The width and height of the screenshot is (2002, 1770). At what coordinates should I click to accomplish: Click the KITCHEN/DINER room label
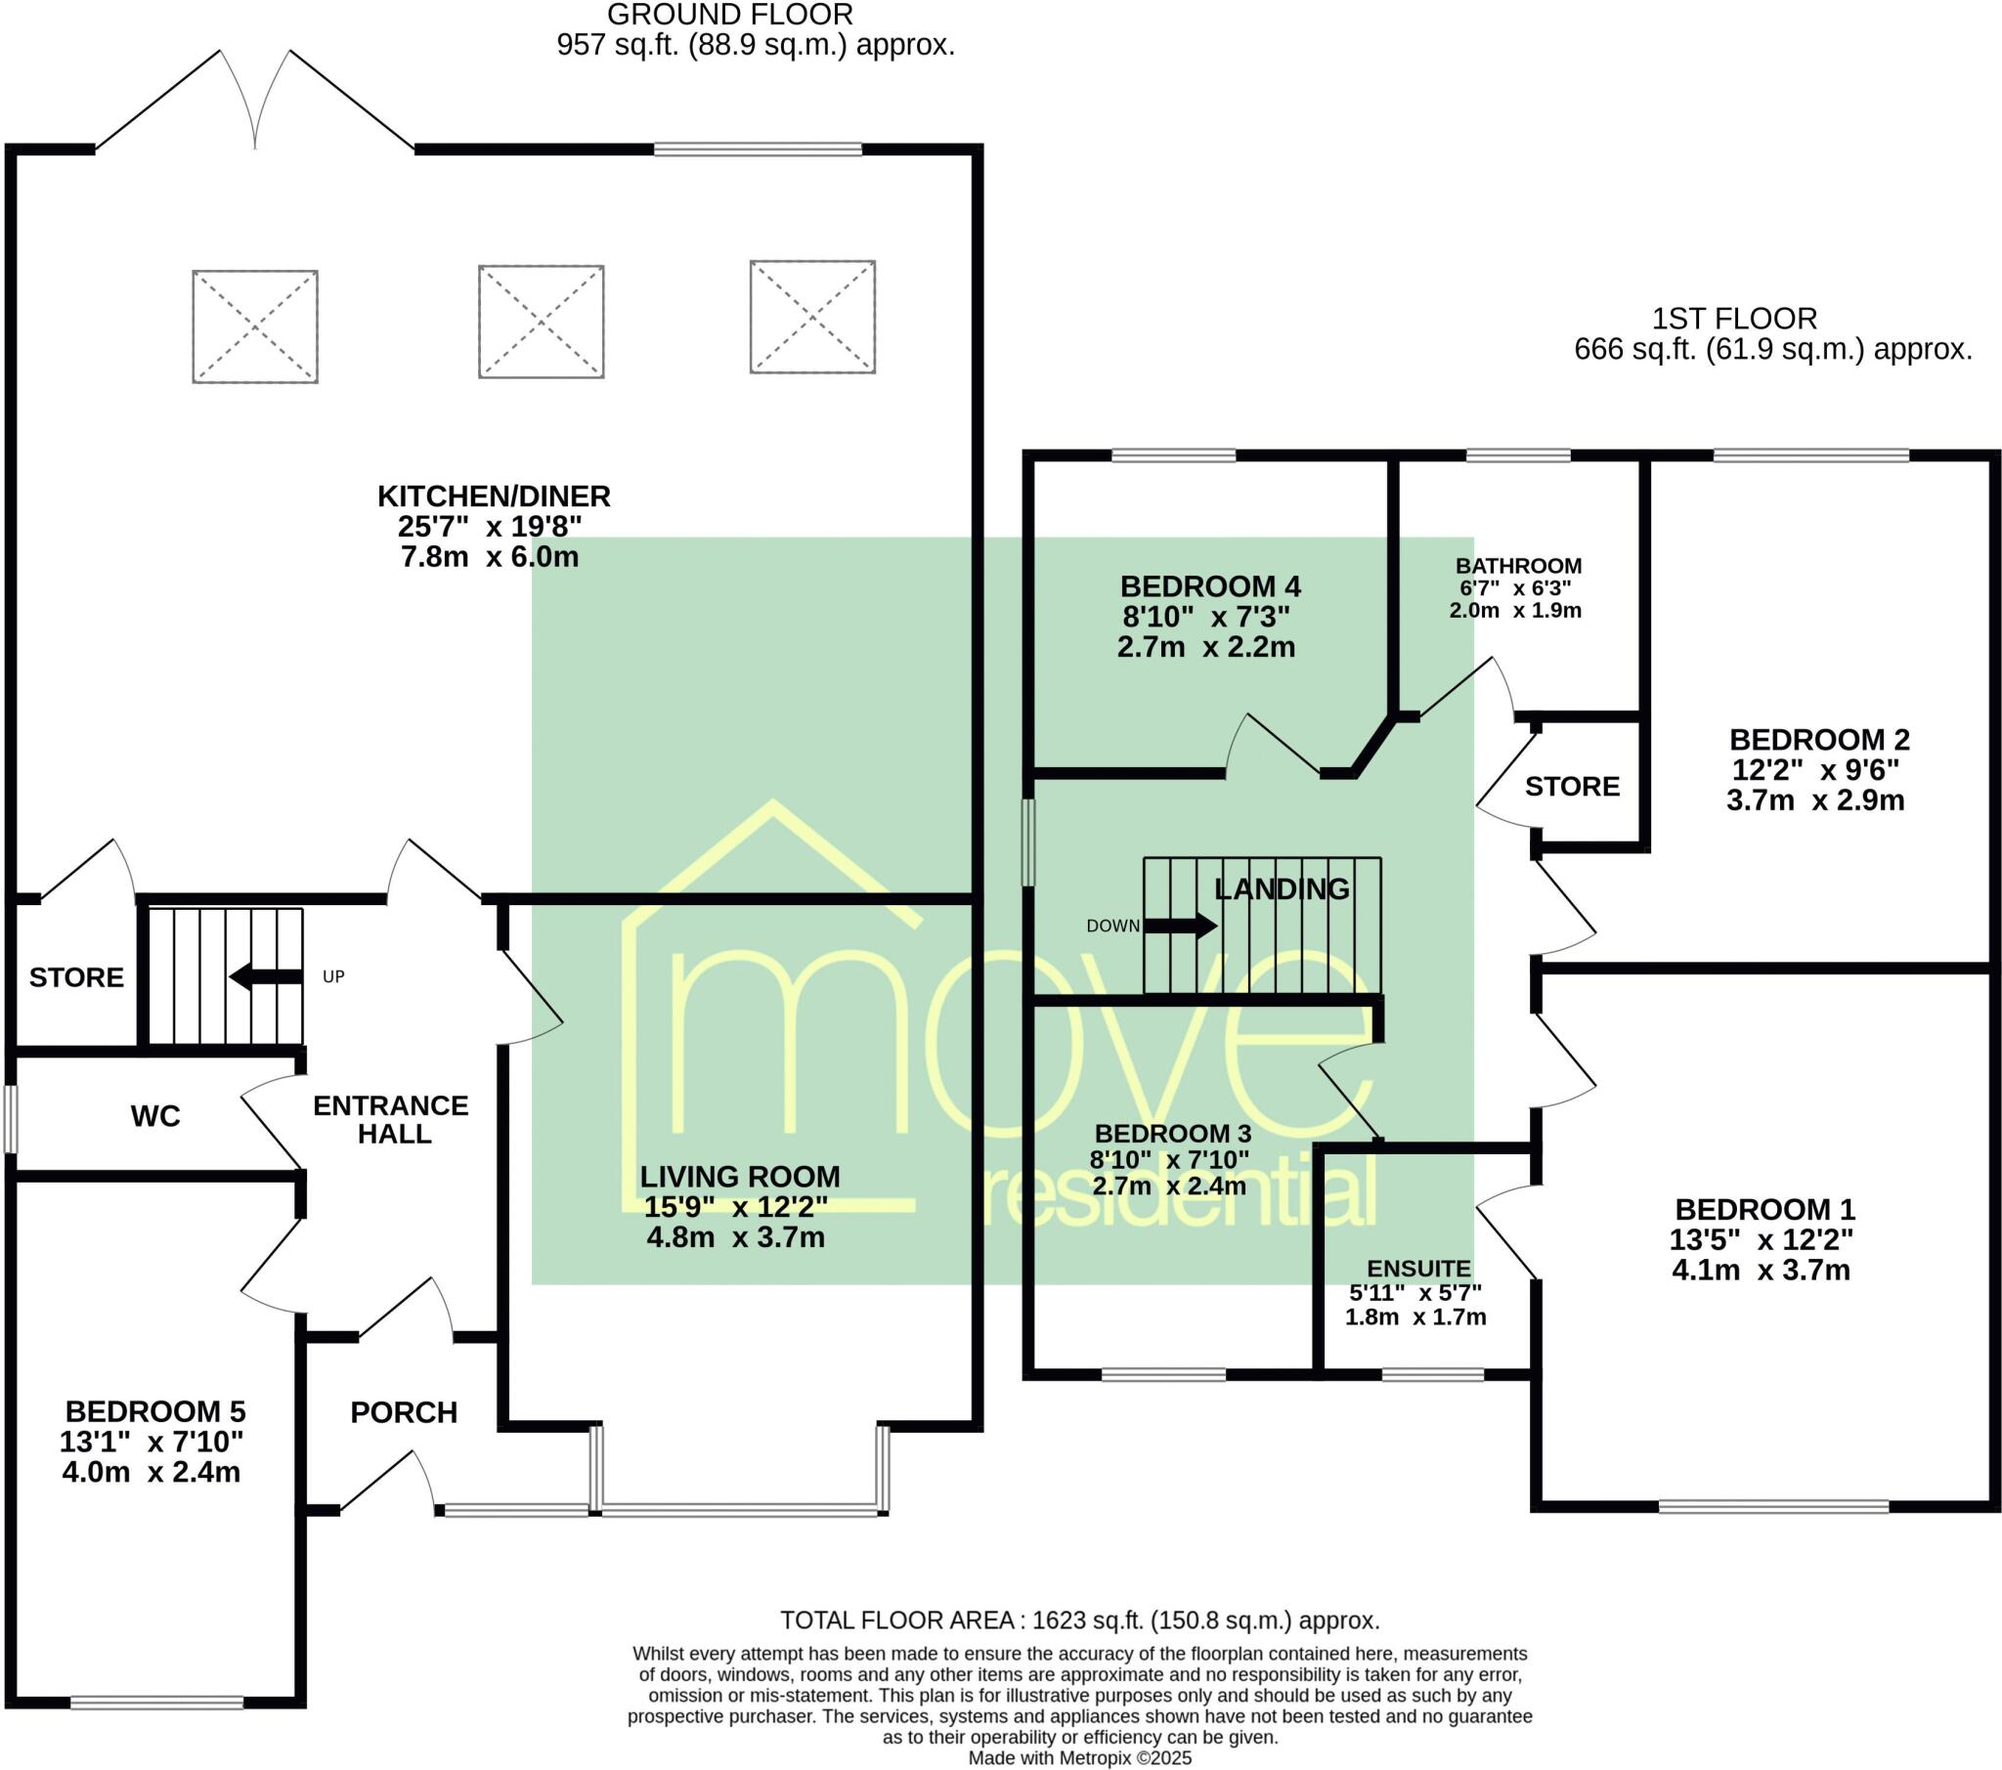click(494, 496)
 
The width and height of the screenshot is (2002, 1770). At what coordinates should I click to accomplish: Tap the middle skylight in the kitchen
click(541, 322)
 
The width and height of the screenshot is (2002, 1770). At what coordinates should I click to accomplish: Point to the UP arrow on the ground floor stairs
click(266, 976)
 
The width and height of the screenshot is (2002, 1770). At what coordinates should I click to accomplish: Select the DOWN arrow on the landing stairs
click(1179, 926)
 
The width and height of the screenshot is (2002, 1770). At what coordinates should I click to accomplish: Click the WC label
click(154, 1116)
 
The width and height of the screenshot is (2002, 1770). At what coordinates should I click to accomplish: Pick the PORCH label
click(404, 1412)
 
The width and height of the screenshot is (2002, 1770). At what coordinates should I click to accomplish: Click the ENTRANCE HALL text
click(391, 1120)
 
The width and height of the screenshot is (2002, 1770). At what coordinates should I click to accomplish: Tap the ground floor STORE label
click(76, 977)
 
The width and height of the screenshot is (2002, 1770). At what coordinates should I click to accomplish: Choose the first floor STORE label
click(1572, 787)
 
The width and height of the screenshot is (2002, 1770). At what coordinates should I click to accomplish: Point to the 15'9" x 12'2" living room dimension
click(735, 1206)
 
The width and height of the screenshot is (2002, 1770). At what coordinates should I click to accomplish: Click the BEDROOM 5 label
click(154, 1411)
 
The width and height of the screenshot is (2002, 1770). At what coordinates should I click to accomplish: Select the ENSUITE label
click(1418, 1270)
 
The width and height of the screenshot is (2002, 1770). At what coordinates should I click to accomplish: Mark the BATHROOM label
click(1518, 566)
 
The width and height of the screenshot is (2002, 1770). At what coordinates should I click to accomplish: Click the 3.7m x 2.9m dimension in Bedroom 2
click(1815, 800)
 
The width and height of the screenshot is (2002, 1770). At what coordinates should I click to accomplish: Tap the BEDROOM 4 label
click(1209, 586)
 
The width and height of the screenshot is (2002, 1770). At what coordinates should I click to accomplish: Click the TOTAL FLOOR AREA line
click(1079, 1620)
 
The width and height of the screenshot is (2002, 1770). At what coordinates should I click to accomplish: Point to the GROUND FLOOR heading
click(729, 15)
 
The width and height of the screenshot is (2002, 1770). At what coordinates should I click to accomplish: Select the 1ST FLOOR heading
click(1733, 319)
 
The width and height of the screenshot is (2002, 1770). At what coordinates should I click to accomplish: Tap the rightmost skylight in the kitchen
click(812, 317)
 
